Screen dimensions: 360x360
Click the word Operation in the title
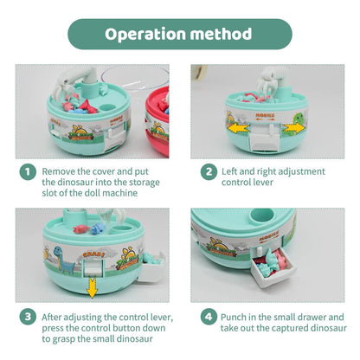click(x=145, y=35)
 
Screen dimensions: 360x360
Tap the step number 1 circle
click(x=28, y=172)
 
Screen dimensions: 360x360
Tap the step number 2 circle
click(x=209, y=172)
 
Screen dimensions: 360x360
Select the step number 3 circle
click(x=28, y=317)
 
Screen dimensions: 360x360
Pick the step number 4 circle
click(x=209, y=317)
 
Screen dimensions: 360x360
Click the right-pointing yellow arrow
click(x=293, y=128)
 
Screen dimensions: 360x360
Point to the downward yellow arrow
click(x=92, y=287)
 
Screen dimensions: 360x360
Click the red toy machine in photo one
click(x=157, y=121)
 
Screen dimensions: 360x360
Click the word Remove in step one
click(x=59, y=171)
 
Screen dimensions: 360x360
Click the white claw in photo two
click(x=267, y=82)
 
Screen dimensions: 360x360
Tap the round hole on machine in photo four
click(x=261, y=216)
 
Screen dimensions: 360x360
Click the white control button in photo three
click(x=93, y=267)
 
